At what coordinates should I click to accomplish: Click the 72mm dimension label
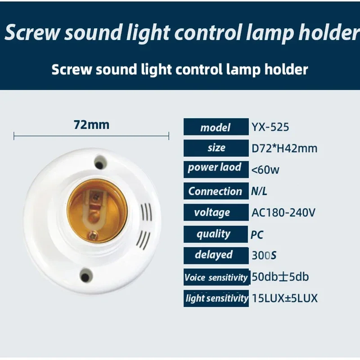coord(91,125)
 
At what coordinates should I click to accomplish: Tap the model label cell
coord(216,127)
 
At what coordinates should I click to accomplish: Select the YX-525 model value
coord(270,127)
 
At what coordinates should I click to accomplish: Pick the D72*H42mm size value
coord(284,148)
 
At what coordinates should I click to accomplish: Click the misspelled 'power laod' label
coord(215,168)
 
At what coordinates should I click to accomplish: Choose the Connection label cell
coord(216,191)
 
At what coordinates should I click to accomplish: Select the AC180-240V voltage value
coord(283,212)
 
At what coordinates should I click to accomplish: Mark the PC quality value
coord(257,234)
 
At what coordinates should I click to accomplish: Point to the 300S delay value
coord(264,256)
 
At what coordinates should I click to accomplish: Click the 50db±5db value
coord(280,277)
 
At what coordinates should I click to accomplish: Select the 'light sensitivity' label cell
coord(216,298)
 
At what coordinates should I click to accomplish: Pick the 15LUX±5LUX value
coord(284,298)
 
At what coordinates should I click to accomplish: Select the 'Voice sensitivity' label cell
coord(216,277)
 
